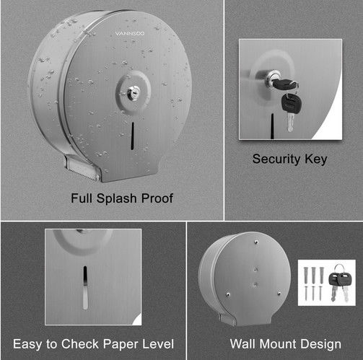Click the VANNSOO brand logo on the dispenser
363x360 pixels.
point(130,33)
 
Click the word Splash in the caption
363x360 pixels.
point(116,198)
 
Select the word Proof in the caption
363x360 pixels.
point(157,198)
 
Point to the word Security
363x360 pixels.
point(276,159)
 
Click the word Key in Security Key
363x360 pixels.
point(316,159)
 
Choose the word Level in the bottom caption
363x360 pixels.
point(158,343)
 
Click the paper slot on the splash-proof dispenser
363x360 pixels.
point(132,136)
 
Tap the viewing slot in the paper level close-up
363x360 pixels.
point(85,287)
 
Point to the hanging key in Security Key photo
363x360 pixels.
point(291,111)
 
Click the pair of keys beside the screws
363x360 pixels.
point(340,284)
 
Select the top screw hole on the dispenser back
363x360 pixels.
point(256,242)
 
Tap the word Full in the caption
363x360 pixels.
point(82,198)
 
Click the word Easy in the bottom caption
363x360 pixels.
point(27,344)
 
